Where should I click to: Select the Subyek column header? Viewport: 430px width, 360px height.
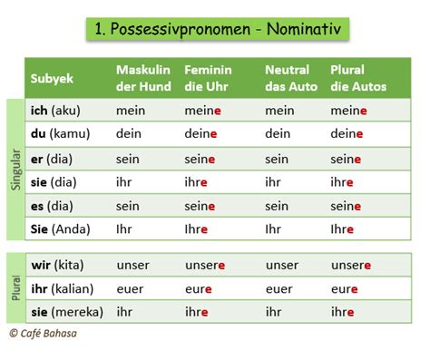53,78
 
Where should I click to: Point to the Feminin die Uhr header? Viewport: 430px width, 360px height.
208,78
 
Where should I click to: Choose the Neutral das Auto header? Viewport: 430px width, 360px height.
288,78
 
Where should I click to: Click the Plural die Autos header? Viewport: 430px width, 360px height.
358,78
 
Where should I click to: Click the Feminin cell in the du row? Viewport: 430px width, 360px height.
200,134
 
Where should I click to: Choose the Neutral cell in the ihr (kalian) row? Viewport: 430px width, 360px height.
279,289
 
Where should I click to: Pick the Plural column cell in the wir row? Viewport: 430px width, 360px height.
351,266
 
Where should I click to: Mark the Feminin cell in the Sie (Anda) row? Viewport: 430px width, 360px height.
197,229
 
